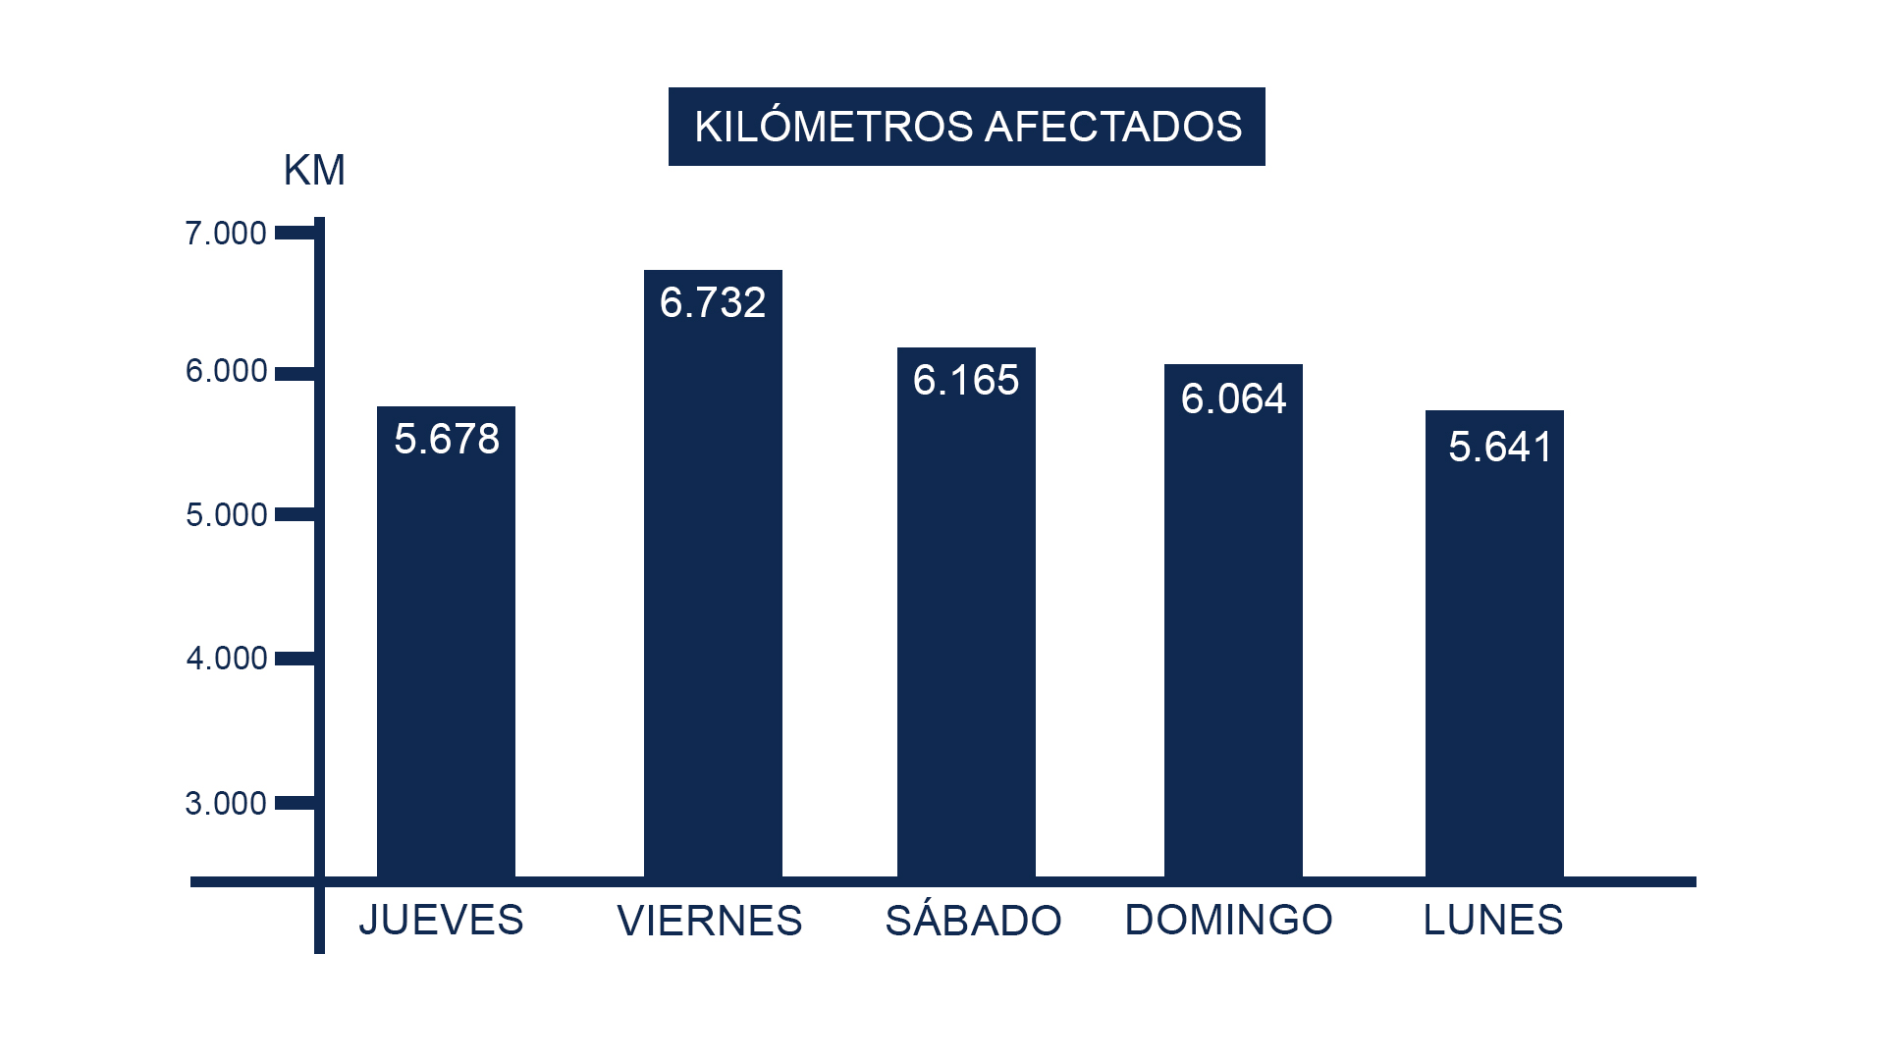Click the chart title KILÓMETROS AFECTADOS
(967, 127)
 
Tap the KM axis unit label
(314, 171)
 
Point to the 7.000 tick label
(226, 234)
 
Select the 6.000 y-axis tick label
(226, 371)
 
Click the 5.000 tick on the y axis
(226, 515)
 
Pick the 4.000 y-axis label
(226, 658)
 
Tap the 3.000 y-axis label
(226, 804)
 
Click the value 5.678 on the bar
(447, 439)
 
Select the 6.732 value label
(713, 302)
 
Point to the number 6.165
(966, 380)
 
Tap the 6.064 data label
(1233, 398)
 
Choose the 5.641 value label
(1499, 447)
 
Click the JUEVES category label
(441, 921)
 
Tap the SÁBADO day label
(973, 921)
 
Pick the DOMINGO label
(1228, 921)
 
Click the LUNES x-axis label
(1493, 921)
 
